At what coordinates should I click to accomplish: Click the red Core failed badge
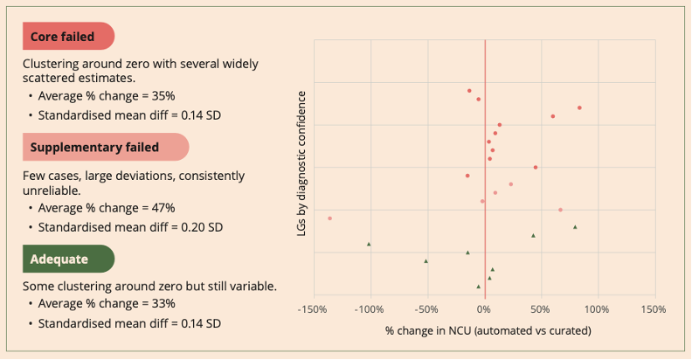[x=67, y=37]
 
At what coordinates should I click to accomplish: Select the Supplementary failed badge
[x=105, y=147]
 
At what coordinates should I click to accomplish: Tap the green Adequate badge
[x=67, y=259]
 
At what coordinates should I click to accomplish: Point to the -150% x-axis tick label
[x=313, y=309]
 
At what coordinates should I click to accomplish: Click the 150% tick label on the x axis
[x=654, y=309]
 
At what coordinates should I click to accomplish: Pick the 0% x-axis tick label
[x=483, y=309]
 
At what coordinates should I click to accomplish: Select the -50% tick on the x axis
[x=426, y=309]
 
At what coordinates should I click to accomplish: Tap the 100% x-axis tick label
[x=597, y=309]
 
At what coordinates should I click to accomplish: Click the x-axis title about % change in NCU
[x=488, y=331]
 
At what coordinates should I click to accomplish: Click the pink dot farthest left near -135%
[x=329, y=218]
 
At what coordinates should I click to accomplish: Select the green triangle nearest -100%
[x=369, y=244]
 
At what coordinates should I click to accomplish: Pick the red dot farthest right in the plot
[x=579, y=107]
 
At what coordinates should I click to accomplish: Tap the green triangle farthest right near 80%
[x=575, y=227]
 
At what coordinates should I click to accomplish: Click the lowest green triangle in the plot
[x=478, y=286]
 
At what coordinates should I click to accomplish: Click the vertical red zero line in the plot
[x=485, y=175]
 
